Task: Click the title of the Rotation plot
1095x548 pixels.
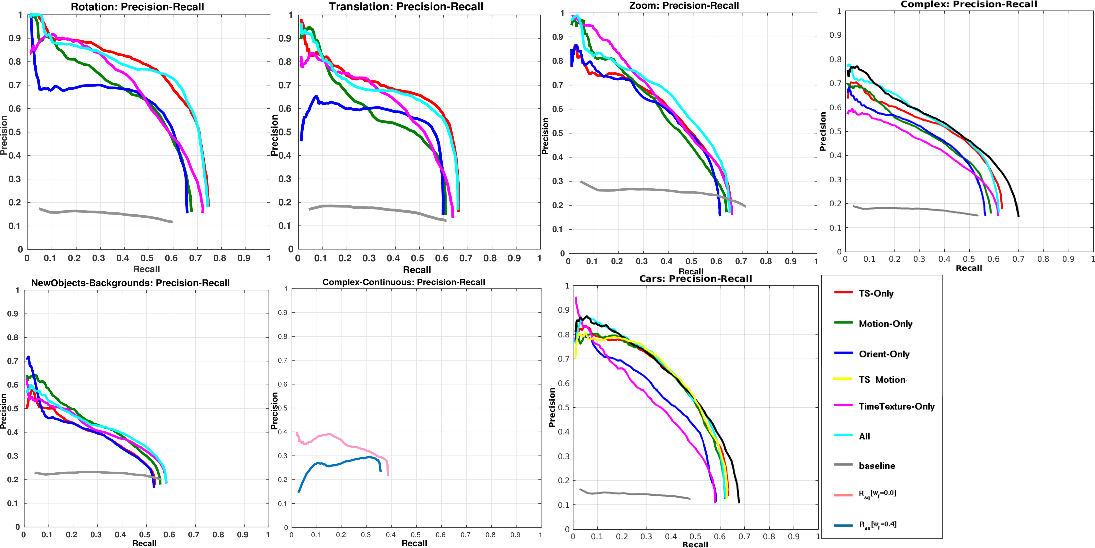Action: pos(137,7)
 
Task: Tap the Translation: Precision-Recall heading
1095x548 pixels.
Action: pos(406,7)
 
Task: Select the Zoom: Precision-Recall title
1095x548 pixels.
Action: pos(684,5)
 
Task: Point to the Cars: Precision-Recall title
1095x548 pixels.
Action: pos(696,279)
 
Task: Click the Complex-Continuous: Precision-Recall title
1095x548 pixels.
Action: pos(403,282)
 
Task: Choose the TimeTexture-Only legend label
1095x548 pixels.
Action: pos(896,406)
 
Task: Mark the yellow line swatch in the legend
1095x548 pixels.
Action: pos(843,379)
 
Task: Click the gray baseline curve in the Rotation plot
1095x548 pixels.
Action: pos(106,212)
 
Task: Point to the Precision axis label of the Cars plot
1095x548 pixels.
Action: pos(552,407)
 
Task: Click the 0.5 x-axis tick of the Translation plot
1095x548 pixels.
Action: pos(417,258)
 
